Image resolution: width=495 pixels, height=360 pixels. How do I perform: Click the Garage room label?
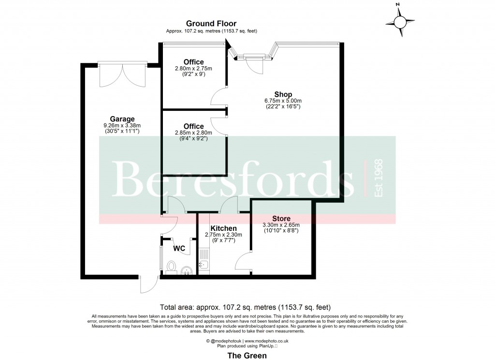122,119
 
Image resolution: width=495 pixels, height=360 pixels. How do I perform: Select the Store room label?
281,218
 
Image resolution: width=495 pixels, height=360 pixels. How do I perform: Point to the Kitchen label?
223,228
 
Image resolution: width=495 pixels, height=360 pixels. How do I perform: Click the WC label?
179,249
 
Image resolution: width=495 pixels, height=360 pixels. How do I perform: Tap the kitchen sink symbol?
203,264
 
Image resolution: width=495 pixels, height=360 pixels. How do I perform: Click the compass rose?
400,21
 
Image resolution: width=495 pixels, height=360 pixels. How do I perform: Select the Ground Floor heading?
211,23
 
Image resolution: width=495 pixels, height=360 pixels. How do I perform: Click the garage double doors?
123,74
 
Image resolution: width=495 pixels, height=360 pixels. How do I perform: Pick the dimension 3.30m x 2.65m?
281,225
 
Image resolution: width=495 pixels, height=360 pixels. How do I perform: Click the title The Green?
247,355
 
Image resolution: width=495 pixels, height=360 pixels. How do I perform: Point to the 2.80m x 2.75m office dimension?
193,69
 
